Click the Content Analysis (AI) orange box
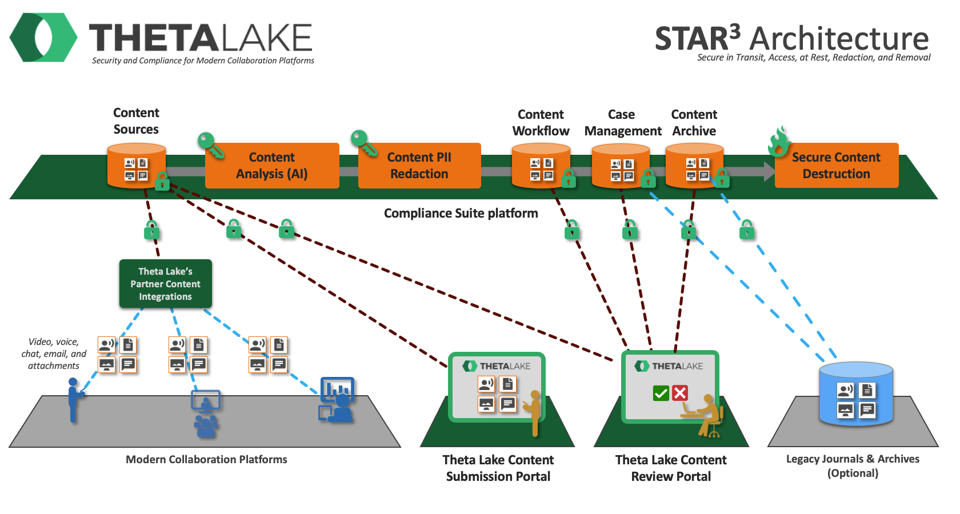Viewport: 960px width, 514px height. [272, 166]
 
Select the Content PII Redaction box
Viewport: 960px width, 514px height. [419, 166]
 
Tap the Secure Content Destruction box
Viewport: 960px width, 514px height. [836, 166]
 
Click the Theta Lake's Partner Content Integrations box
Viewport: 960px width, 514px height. [166, 284]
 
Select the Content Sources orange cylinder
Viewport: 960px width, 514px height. [136, 166]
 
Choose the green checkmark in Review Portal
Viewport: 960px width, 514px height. [661, 393]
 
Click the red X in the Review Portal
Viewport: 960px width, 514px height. [680, 393]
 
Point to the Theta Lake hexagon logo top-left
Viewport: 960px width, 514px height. [43, 38]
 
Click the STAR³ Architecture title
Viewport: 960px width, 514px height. [791, 39]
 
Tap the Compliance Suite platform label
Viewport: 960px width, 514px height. [461, 214]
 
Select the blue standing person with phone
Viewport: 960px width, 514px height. [73, 400]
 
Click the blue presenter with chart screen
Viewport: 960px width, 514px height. [337, 400]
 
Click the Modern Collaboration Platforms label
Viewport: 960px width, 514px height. [206, 460]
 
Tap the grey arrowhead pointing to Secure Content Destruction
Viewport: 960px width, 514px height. [769, 171]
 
